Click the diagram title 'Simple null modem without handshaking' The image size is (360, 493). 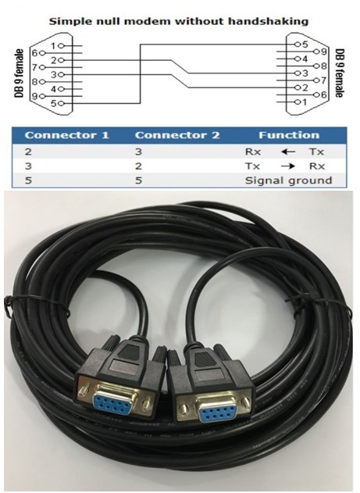tap(179, 21)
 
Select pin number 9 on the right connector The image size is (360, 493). tap(323, 52)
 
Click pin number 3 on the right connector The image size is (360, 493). tap(305, 73)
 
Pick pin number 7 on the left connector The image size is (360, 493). tap(35, 67)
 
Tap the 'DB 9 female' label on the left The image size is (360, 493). tap(20, 73)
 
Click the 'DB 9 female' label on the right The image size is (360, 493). tap(340, 73)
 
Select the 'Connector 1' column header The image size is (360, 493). tap(67, 135)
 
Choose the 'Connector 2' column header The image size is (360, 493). tap(177, 135)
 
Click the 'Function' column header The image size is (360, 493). tap(289, 135)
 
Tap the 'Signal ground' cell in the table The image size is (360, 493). tap(288, 180)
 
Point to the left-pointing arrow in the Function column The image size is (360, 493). tap(288, 152)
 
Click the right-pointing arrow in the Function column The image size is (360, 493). tap(288, 166)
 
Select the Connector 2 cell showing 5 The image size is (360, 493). tap(138, 180)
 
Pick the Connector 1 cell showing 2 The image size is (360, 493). tap(28, 152)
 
